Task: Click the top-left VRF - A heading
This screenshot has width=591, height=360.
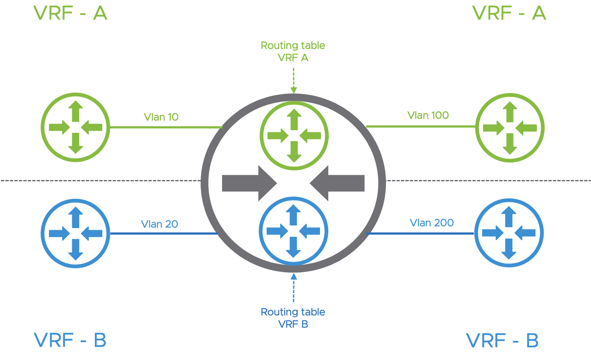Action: pyautogui.click(x=70, y=13)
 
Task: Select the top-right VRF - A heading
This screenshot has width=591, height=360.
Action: pyautogui.click(x=509, y=13)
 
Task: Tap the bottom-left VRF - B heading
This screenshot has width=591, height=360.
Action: pyautogui.click(x=70, y=340)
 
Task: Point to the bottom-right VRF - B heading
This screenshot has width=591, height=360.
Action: pyautogui.click(x=502, y=340)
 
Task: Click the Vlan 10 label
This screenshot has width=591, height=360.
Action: pyautogui.click(x=161, y=117)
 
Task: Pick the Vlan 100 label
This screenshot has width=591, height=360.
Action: pyautogui.click(x=428, y=115)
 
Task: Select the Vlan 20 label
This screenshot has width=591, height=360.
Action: pyautogui.click(x=160, y=224)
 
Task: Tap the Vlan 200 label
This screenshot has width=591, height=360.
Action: pyautogui.click(x=431, y=222)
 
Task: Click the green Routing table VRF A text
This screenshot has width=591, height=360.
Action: pyautogui.click(x=293, y=51)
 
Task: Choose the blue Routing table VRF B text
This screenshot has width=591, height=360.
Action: pyautogui.click(x=293, y=318)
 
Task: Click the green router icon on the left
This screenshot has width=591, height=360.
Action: pyautogui.click(x=76, y=127)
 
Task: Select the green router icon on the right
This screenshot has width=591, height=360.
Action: pyautogui.click(x=510, y=128)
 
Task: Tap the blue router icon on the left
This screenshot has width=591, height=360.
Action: pyautogui.click(x=76, y=233)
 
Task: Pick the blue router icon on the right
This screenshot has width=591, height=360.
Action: pyautogui.click(x=509, y=233)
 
